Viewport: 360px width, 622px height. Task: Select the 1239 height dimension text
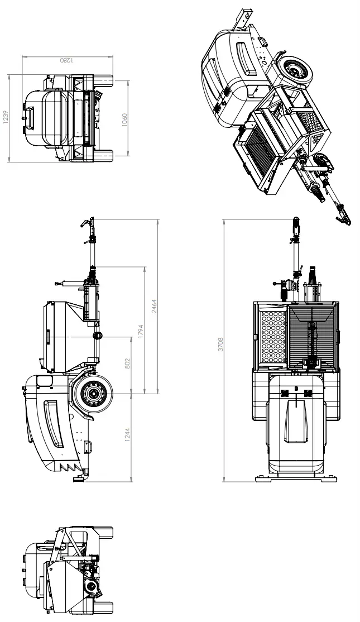(6, 117)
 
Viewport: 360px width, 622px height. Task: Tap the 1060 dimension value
(125, 119)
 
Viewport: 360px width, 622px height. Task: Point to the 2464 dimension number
(155, 306)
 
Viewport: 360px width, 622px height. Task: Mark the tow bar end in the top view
(295, 225)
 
